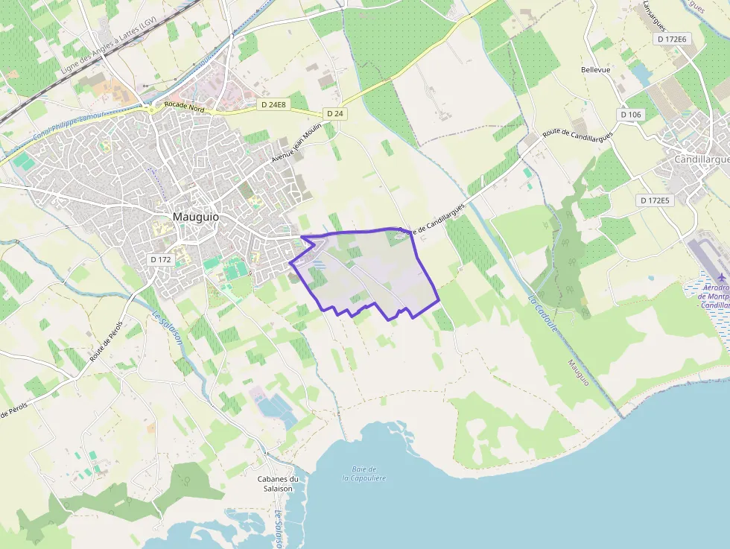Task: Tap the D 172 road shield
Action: click(160, 259)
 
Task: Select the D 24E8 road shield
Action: click(274, 105)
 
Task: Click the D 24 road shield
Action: click(334, 113)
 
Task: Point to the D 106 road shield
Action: click(630, 115)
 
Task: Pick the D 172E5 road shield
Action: click(655, 200)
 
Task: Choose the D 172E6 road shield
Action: click(672, 38)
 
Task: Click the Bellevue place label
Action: click(595, 70)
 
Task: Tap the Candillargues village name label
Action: click(701, 159)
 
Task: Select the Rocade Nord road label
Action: click(184, 107)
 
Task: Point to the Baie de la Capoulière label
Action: click(364, 473)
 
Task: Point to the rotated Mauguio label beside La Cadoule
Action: click(578, 372)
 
